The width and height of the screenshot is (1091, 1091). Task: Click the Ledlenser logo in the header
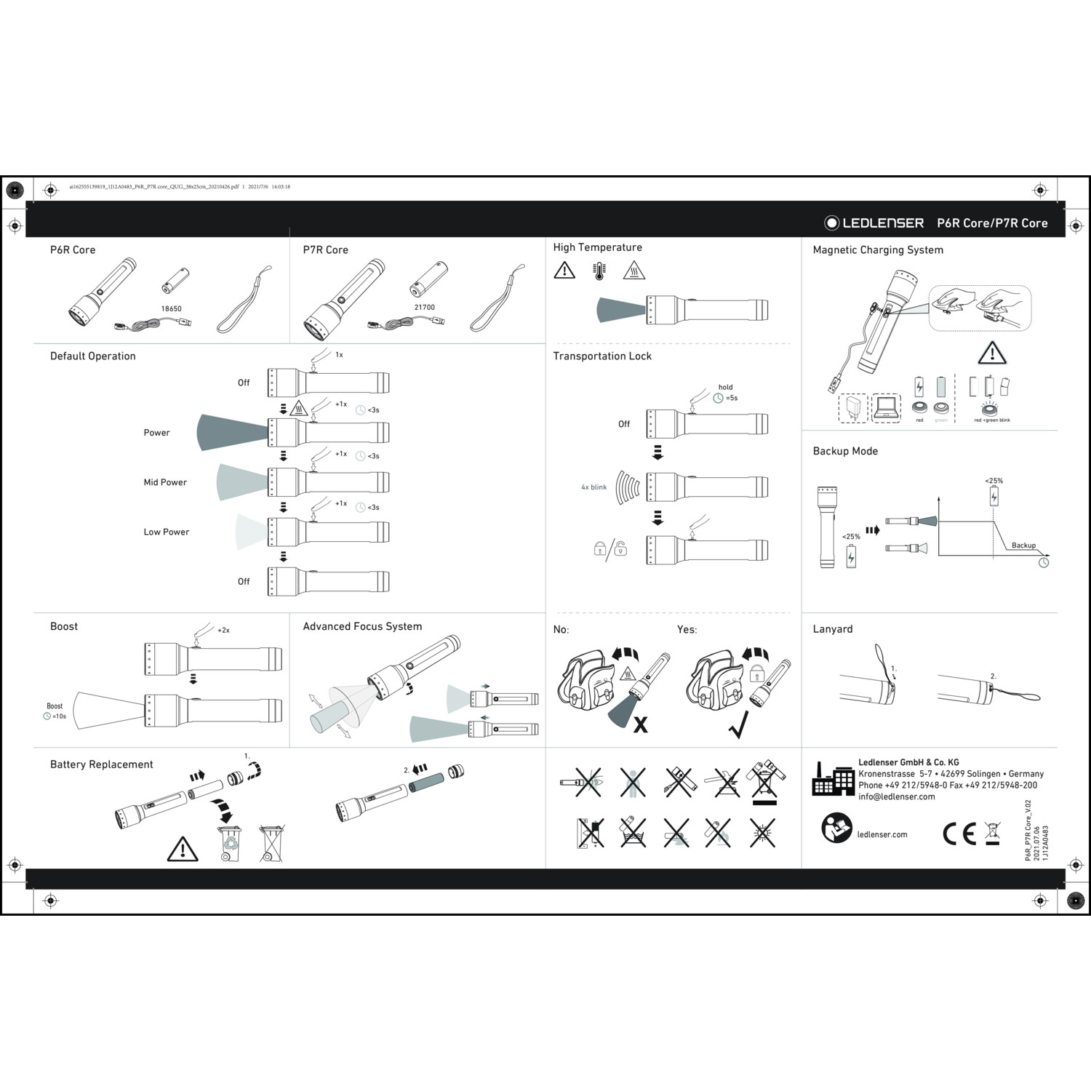874,223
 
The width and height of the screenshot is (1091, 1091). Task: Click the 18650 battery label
171,308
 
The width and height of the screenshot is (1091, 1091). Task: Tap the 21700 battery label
424,307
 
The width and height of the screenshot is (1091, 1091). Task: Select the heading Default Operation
92,356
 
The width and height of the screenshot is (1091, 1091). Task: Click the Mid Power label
165,482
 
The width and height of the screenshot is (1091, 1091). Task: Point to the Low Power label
166,532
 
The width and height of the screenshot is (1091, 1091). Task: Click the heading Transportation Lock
602,356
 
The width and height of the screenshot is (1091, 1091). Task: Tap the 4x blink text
594,487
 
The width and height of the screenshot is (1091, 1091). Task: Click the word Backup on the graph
1023,545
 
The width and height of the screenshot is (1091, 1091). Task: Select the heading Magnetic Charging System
877,249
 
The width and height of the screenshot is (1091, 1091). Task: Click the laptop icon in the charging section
886,407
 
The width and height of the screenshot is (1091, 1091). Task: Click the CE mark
959,834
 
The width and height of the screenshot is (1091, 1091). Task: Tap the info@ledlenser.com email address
896,796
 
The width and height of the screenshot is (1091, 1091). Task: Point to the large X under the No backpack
640,724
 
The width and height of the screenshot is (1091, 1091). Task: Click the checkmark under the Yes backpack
738,726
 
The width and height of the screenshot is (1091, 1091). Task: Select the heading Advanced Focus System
362,626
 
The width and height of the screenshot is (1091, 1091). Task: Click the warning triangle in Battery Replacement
182,849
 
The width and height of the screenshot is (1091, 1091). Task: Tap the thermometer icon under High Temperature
599,271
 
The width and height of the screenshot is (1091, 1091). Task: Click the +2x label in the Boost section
223,631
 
